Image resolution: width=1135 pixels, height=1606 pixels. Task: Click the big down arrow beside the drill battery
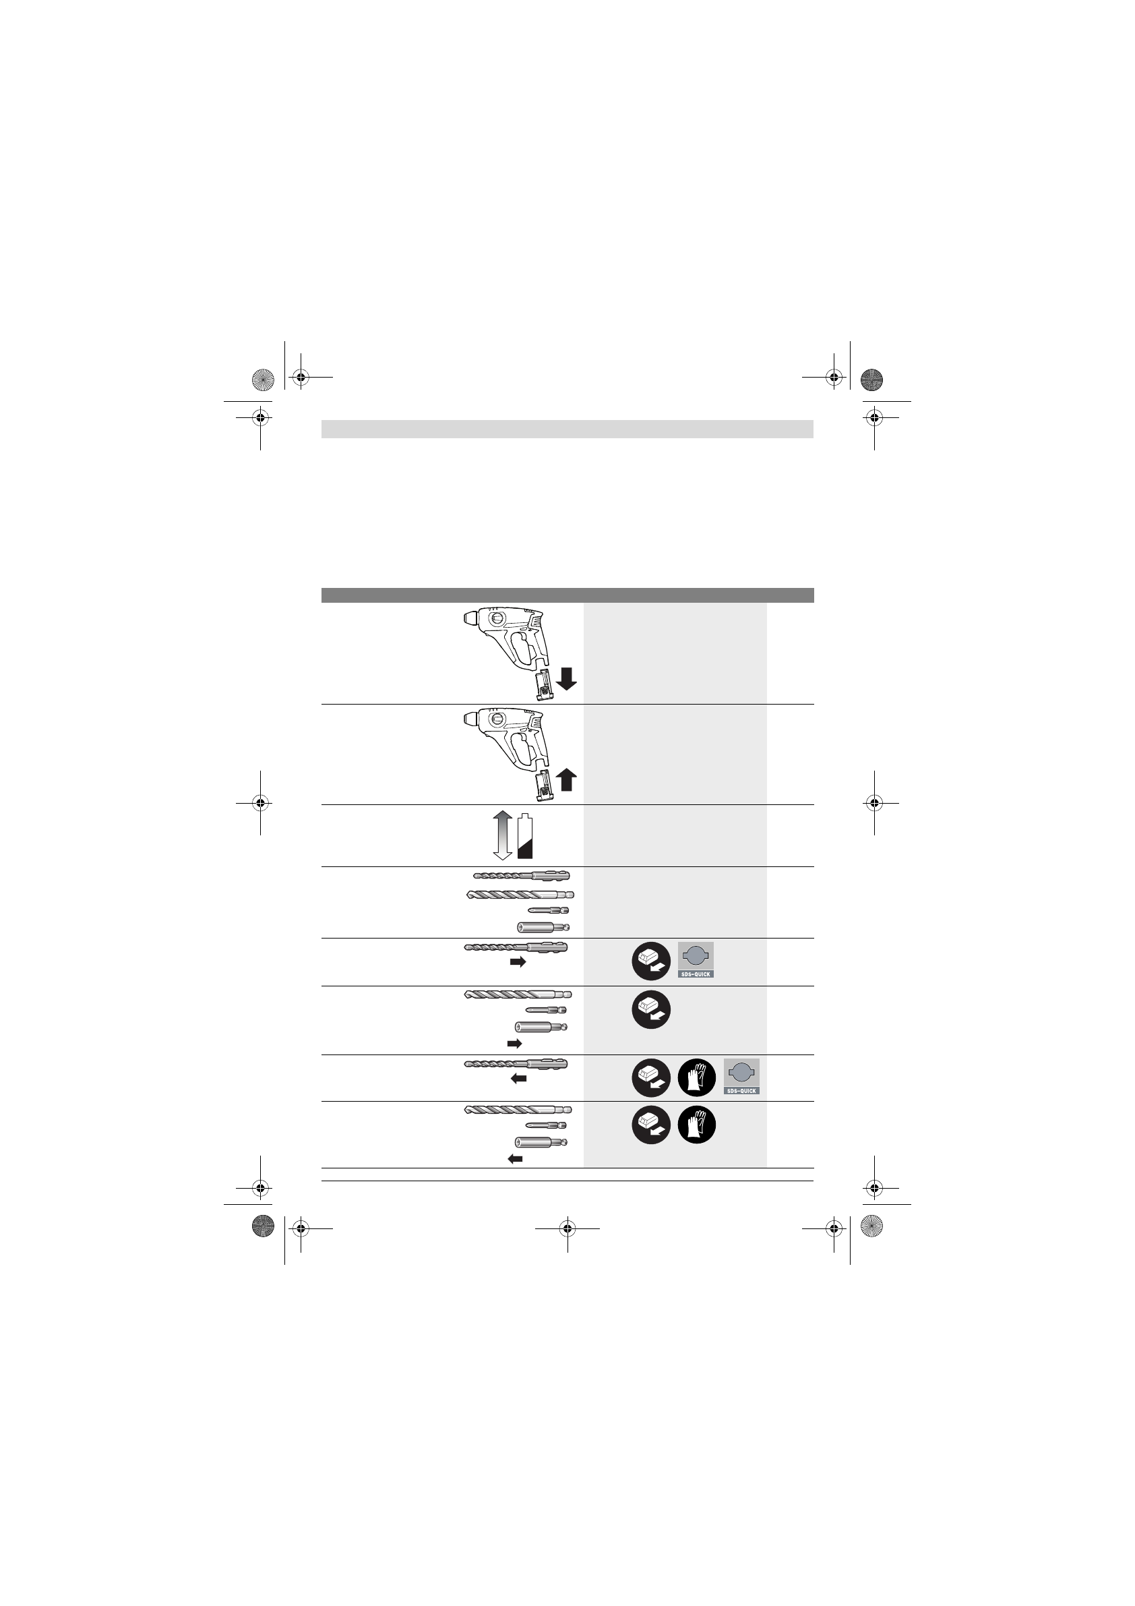(x=566, y=678)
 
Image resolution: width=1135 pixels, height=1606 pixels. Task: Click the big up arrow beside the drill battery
(x=566, y=779)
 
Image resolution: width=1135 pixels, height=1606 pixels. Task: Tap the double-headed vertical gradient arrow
(x=503, y=835)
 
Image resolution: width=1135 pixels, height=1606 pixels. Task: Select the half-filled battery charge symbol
(x=524, y=836)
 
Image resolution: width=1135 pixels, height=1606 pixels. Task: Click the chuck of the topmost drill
(x=471, y=618)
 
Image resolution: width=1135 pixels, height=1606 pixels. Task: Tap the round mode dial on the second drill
(x=497, y=720)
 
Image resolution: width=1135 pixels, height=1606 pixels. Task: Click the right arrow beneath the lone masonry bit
(x=518, y=962)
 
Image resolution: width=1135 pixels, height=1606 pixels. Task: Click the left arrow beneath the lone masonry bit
(x=518, y=1079)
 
